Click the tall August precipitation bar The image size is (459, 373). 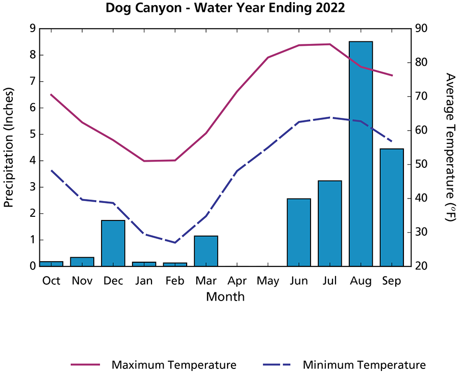[x=361, y=153]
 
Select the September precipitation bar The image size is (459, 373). [x=392, y=207]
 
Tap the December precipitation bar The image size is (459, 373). [x=113, y=243]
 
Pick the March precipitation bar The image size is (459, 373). [x=206, y=251]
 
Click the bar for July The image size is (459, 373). [x=330, y=223]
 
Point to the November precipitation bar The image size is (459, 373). [x=82, y=261]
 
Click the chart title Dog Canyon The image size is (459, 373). [x=225, y=9]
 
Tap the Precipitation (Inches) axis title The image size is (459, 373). [x=9, y=147]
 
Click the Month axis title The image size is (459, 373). [x=225, y=296]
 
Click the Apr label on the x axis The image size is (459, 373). [x=237, y=281]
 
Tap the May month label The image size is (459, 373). [x=268, y=281]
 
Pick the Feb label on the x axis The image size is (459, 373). [x=175, y=281]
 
